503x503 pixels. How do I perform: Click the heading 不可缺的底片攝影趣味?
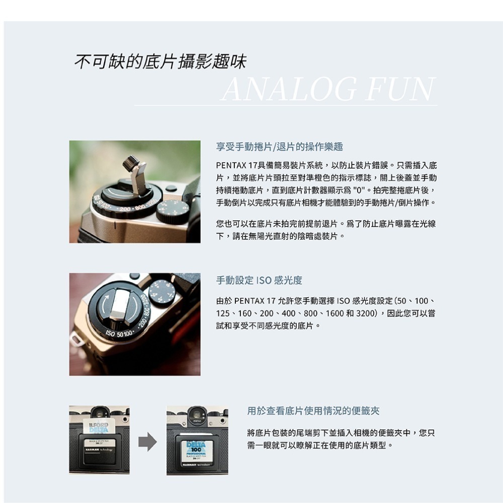(x=160, y=62)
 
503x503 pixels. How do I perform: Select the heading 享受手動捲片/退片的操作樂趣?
(x=279, y=147)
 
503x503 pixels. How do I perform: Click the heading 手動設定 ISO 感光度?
(x=259, y=280)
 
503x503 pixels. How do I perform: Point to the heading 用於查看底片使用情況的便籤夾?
(x=313, y=411)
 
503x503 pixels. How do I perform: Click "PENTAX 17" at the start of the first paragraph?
(x=237, y=165)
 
